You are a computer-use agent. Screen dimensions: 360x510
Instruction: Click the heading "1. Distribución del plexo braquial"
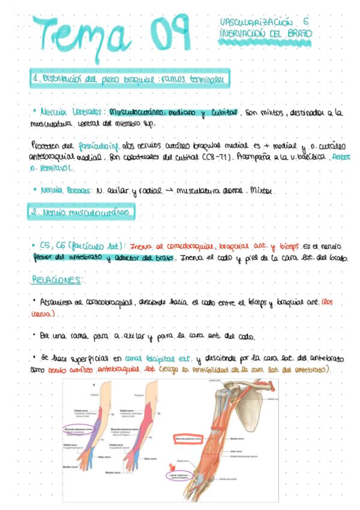pos(130,79)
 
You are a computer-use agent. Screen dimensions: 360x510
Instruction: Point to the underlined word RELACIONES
pos(58,280)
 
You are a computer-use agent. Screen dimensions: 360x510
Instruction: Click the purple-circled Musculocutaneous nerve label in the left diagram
pos(80,429)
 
